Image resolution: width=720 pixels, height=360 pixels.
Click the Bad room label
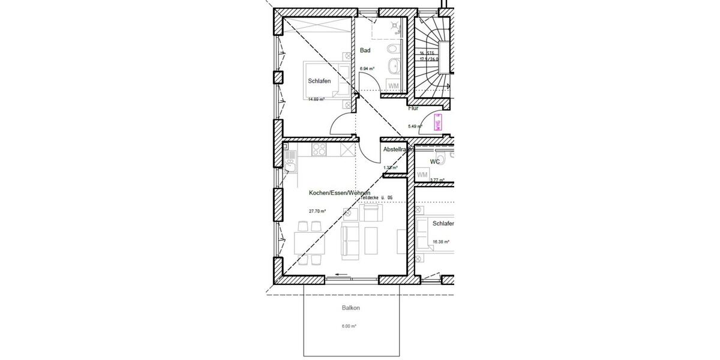(365, 50)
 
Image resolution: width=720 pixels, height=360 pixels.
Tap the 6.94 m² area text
(366, 69)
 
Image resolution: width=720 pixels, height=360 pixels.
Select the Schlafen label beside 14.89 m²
(319, 81)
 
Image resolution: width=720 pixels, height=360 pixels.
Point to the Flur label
(413, 109)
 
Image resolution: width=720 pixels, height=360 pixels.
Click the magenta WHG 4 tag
(437, 122)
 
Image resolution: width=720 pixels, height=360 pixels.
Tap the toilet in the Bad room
(392, 49)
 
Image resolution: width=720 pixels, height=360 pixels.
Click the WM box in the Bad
(394, 86)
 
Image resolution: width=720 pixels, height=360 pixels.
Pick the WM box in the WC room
(422, 175)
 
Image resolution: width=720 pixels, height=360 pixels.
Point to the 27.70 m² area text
(317, 211)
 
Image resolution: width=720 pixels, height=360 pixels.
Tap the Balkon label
(351, 308)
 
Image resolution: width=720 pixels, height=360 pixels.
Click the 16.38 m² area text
(440, 242)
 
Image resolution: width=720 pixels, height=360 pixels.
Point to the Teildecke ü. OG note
(376, 198)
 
